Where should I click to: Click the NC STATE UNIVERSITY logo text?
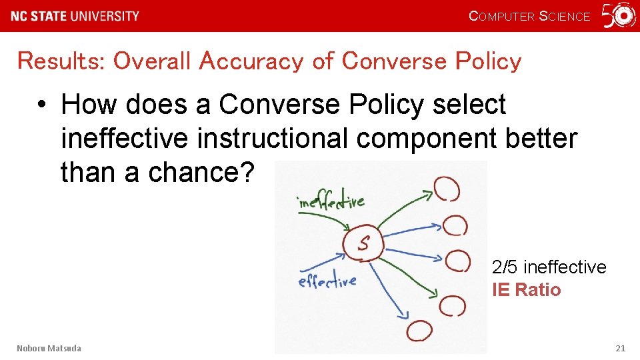pyautogui.click(x=75, y=16)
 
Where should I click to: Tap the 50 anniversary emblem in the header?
pyautogui.click(x=619, y=15)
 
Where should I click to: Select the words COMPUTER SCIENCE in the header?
pyautogui.click(x=530, y=16)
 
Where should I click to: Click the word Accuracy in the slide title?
pyautogui.click(x=251, y=61)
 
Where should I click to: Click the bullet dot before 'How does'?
pyautogui.click(x=42, y=105)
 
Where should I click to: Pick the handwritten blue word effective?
pyautogui.click(x=327, y=282)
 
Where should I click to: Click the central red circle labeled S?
pyautogui.click(x=363, y=243)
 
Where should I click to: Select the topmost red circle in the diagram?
pyautogui.click(x=446, y=188)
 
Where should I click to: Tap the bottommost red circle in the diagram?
pyautogui.click(x=419, y=331)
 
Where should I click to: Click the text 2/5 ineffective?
pyautogui.click(x=549, y=267)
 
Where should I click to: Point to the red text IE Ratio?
pyautogui.click(x=526, y=290)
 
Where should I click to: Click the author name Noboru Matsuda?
pyautogui.click(x=49, y=348)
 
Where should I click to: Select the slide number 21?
pyautogui.click(x=620, y=348)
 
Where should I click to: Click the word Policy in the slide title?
pyautogui.click(x=488, y=61)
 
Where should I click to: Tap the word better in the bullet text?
pyautogui.click(x=541, y=138)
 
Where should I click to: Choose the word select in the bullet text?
pyautogui.click(x=469, y=105)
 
